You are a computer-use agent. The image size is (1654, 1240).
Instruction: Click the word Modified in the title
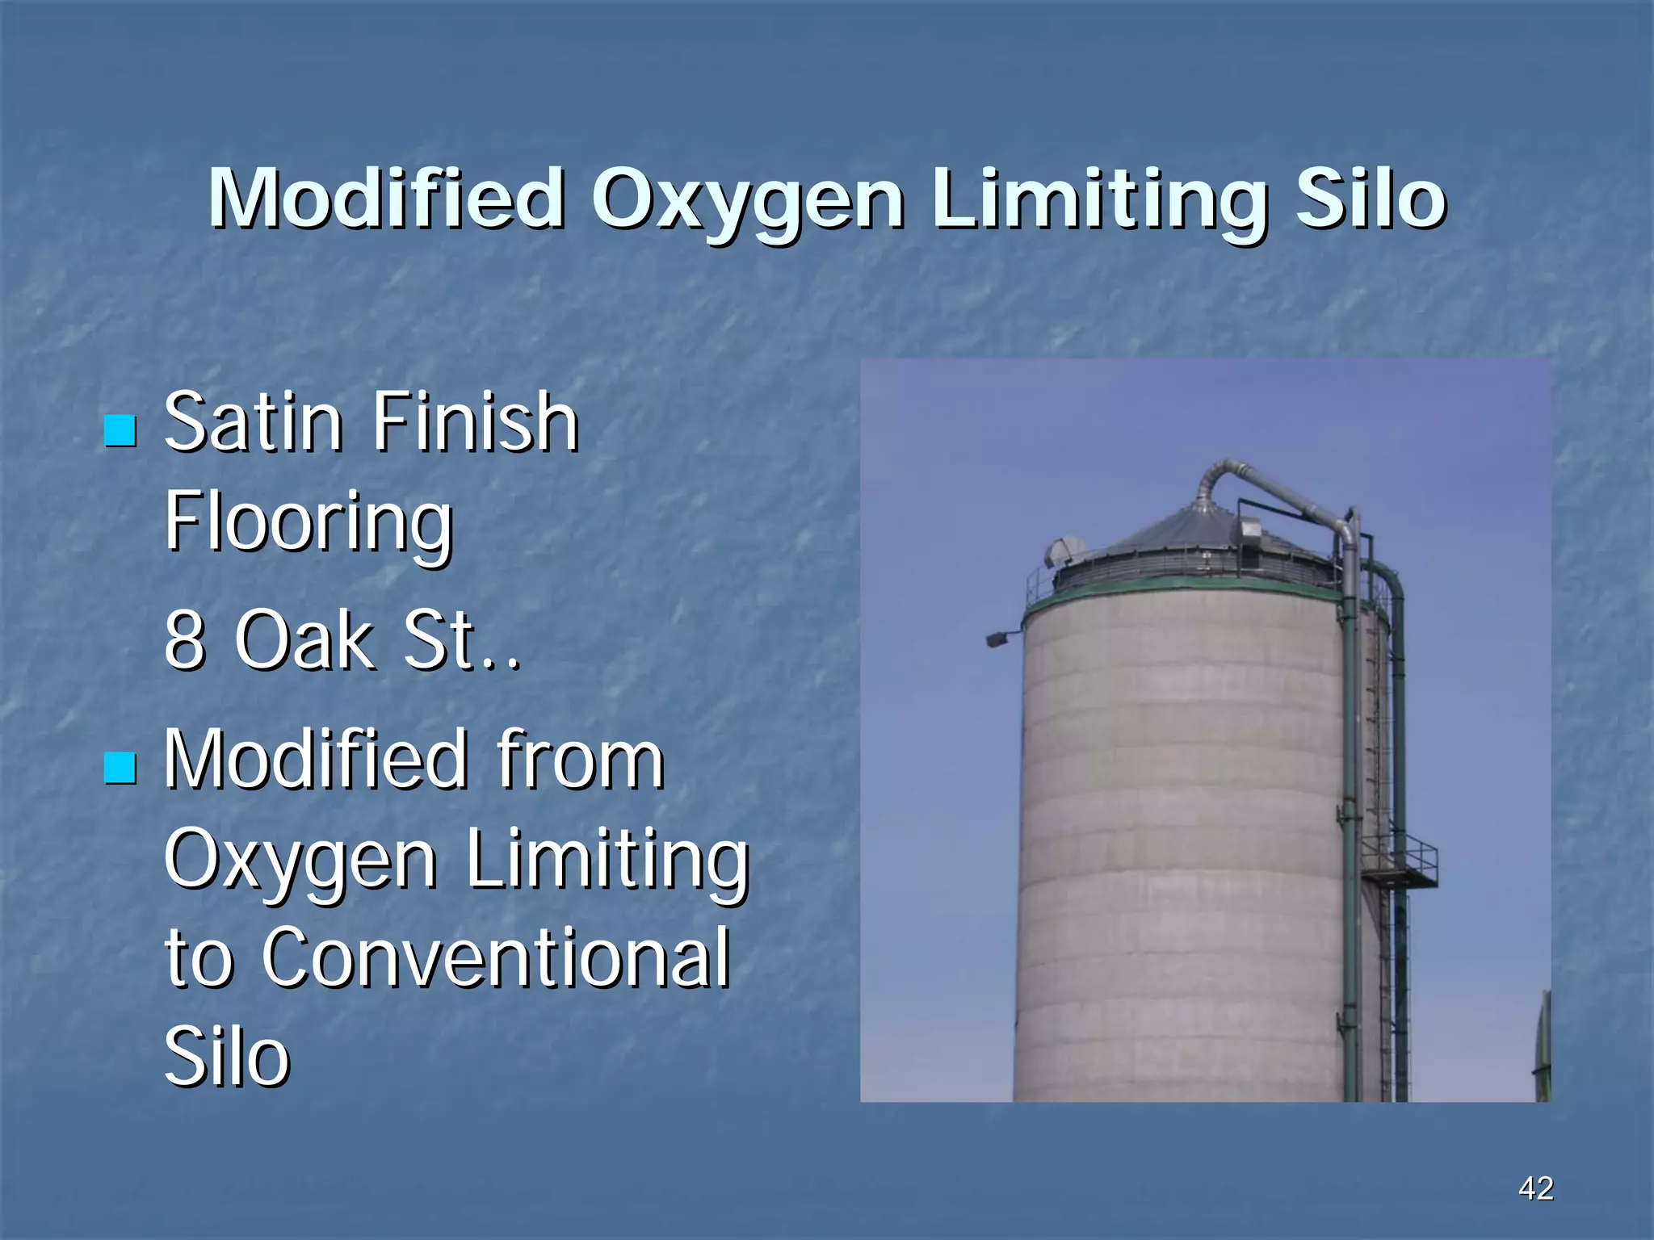click(x=386, y=199)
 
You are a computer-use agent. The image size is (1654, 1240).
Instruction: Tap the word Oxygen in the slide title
click(x=747, y=202)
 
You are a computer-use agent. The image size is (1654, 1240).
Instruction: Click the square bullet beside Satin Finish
click(x=120, y=430)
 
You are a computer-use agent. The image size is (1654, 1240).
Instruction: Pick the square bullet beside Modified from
click(x=120, y=768)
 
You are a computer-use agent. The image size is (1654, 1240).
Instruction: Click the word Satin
click(x=253, y=422)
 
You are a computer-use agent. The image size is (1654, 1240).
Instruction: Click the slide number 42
click(x=1535, y=1188)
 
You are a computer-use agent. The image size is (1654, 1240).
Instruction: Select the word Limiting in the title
click(x=1098, y=202)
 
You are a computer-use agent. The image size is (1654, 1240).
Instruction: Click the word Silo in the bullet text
click(x=226, y=1057)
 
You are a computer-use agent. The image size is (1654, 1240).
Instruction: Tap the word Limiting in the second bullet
click(x=607, y=861)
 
